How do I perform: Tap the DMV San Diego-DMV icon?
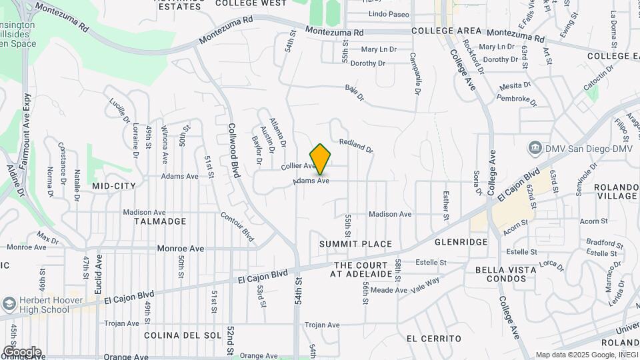(534, 147)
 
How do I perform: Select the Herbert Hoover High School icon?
(9, 304)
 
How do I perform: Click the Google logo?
(22, 352)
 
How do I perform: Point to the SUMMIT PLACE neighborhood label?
(355, 244)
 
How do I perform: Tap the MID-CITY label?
(114, 186)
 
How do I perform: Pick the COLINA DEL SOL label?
(173, 335)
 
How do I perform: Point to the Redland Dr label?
(355, 146)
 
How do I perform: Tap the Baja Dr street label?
(355, 93)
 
